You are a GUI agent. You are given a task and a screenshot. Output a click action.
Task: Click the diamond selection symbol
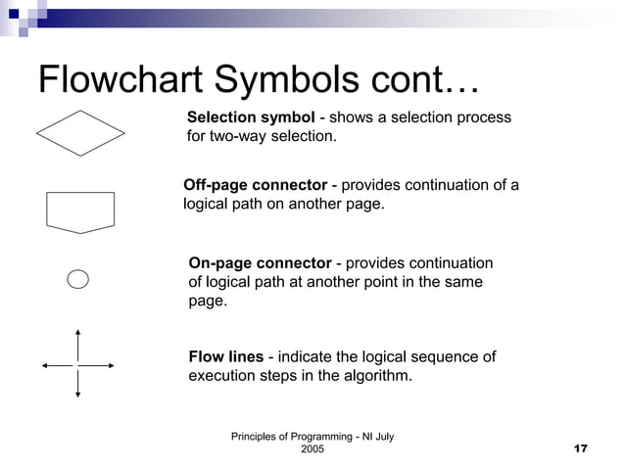pyautogui.click(x=80, y=133)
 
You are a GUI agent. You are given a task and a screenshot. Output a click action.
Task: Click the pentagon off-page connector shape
pyautogui.click(x=80, y=211)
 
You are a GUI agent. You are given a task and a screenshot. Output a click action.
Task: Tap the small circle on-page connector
pyautogui.click(x=78, y=279)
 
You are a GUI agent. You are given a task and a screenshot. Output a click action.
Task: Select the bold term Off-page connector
pyautogui.click(x=256, y=186)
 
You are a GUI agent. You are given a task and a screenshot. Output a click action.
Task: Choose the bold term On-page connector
pyautogui.click(x=260, y=263)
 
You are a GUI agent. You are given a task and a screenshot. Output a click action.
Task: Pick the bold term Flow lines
pyautogui.click(x=225, y=356)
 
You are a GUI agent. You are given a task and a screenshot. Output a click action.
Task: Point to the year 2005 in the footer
pyautogui.click(x=312, y=448)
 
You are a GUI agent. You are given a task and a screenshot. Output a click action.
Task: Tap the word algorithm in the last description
pyautogui.click(x=378, y=375)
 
